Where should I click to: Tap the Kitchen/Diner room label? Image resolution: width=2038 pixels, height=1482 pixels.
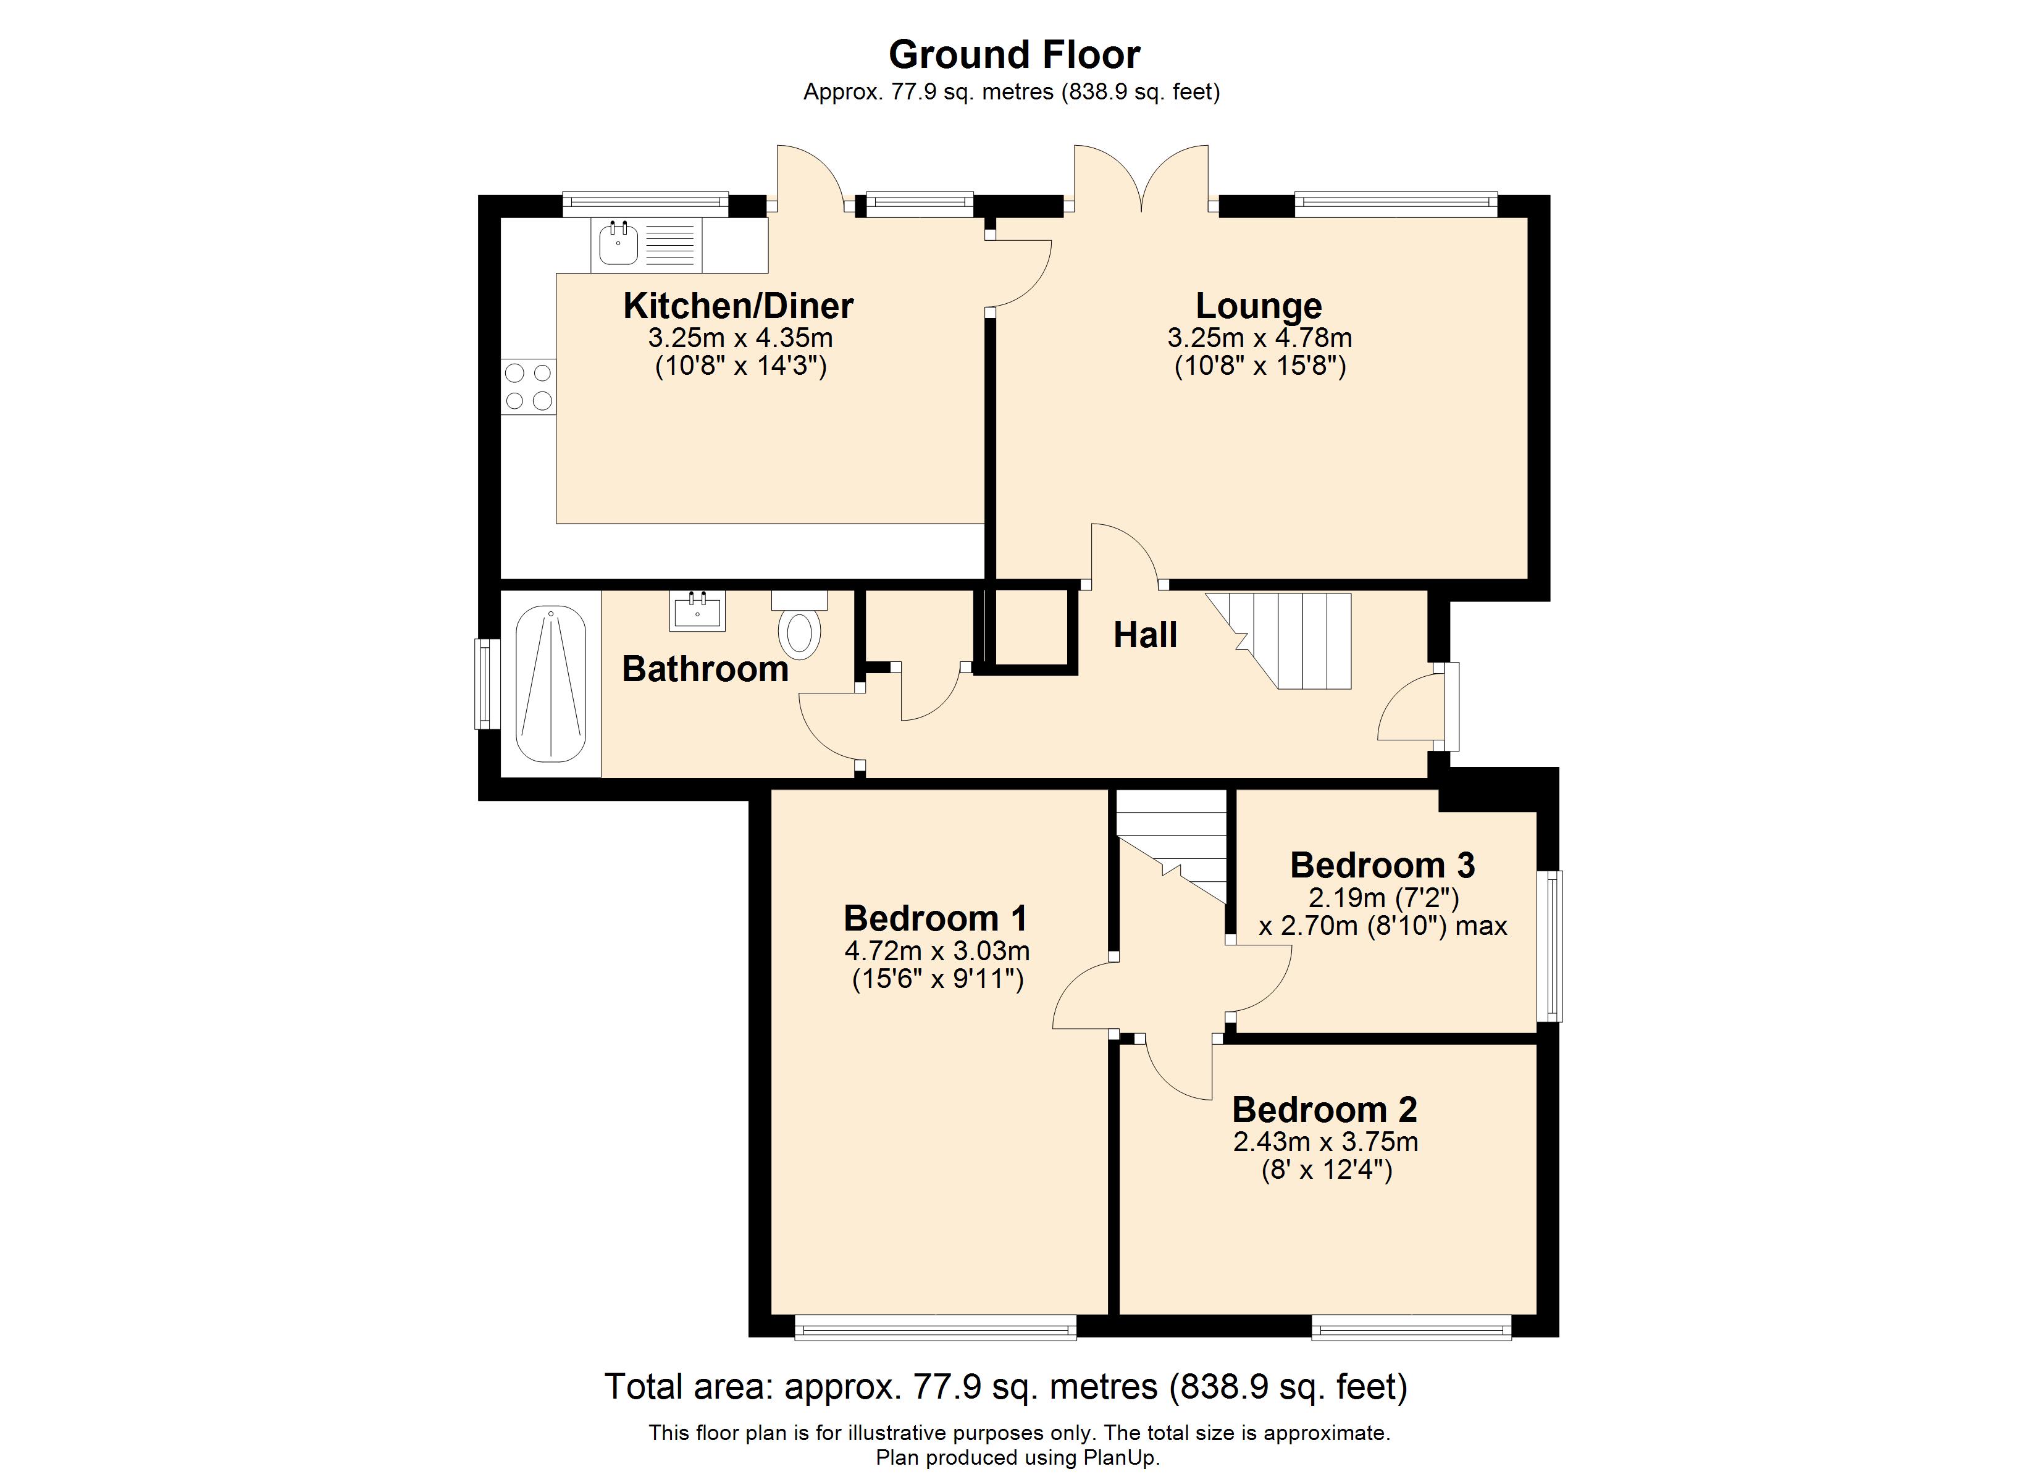pyautogui.click(x=738, y=306)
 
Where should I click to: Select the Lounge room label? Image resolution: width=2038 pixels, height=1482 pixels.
pyautogui.click(x=1258, y=306)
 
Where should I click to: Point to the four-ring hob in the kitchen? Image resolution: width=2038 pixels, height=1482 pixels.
pyautogui.click(x=529, y=387)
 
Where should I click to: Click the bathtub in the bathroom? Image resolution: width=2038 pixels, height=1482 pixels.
pyautogui.click(x=551, y=684)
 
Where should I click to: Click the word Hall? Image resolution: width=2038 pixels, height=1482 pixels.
pyautogui.click(x=1145, y=635)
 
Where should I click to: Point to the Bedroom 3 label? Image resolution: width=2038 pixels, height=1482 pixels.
pyautogui.click(x=1382, y=866)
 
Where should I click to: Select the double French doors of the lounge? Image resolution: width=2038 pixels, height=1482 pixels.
pyautogui.click(x=1141, y=180)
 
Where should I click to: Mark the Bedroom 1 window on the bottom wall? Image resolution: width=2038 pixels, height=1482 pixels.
pyautogui.click(x=936, y=1328)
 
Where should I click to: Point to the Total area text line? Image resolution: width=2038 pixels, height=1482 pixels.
pyautogui.click(x=1005, y=1387)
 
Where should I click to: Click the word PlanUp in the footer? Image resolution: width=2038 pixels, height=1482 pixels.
pyautogui.click(x=1120, y=1458)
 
